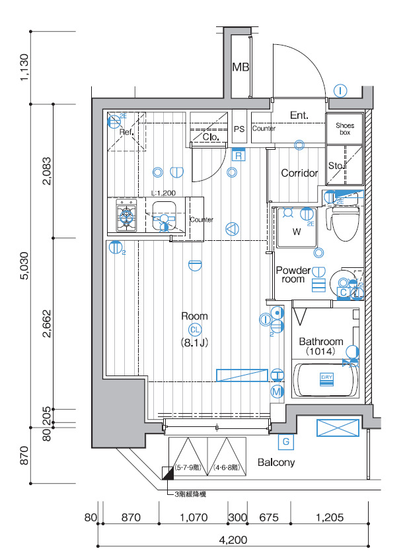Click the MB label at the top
[x=240, y=67]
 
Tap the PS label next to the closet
[x=239, y=129]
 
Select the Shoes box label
[x=344, y=129]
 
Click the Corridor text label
[x=299, y=174]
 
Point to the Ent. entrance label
[x=299, y=115]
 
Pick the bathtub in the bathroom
[x=326, y=381]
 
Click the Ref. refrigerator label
[x=126, y=132]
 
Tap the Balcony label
[x=276, y=462]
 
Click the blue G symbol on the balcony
[x=286, y=441]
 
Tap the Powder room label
[x=293, y=275]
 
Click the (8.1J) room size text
[x=195, y=343]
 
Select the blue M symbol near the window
[x=277, y=392]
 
